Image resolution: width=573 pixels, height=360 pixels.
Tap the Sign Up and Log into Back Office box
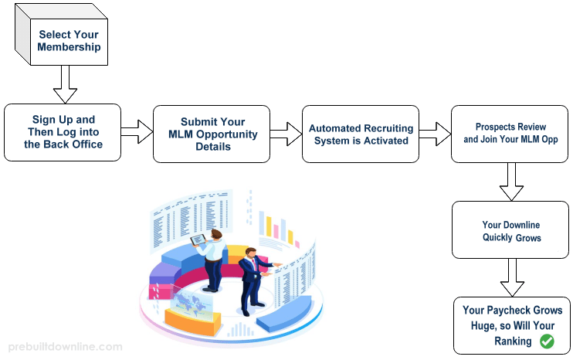click(x=63, y=132)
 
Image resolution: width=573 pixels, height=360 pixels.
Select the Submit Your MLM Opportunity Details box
click(x=212, y=134)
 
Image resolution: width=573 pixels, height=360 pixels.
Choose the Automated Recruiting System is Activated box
click(x=361, y=134)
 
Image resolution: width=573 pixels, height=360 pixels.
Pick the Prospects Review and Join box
click(x=510, y=134)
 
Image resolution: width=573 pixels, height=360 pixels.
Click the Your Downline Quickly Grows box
click(x=510, y=230)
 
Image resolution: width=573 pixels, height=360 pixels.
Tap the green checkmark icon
click(x=547, y=341)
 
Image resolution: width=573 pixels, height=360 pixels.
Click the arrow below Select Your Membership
click(x=65, y=84)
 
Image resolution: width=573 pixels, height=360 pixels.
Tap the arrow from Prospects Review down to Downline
click(x=511, y=181)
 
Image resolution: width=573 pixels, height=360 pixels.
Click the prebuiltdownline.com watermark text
click(x=63, y=348)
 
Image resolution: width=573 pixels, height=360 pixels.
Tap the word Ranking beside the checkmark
click(x=513, y=341)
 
